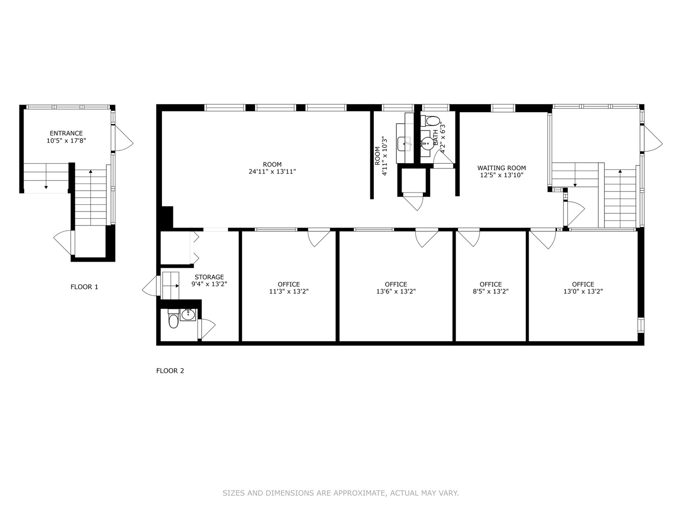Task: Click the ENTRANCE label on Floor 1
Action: click(66, 133)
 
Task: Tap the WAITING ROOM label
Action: click(502, 168)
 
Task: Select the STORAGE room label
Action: click(209, 277)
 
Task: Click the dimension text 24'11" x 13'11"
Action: click(272, 172)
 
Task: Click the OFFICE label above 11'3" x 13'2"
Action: click(289, 284)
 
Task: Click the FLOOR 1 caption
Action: click(84, 287)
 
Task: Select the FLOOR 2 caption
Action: click(170, 371)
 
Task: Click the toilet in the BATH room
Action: click(433, 120)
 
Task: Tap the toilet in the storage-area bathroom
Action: click(173, 321)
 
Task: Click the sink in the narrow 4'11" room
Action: click(405, 142)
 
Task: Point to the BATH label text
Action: click(436, 137)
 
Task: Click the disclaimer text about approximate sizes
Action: click(341, 493)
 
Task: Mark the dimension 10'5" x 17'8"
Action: click(66, 141)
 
